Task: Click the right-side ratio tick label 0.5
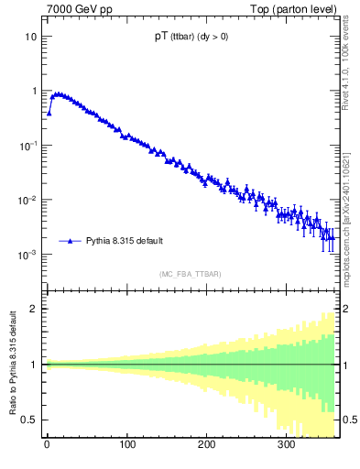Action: coord(347,420)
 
